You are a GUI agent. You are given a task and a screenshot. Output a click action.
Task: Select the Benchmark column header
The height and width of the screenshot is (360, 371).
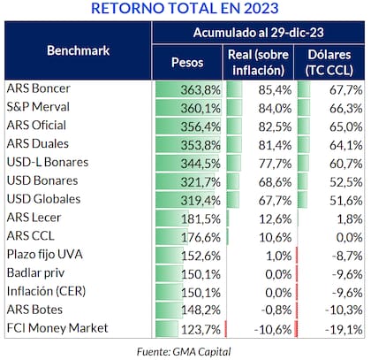78,50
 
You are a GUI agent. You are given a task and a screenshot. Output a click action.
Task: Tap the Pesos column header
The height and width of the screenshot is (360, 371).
187,65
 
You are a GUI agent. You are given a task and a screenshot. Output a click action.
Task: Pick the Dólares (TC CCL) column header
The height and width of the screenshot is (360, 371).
331,65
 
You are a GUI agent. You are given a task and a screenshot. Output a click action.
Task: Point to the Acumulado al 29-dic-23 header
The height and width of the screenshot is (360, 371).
260,33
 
